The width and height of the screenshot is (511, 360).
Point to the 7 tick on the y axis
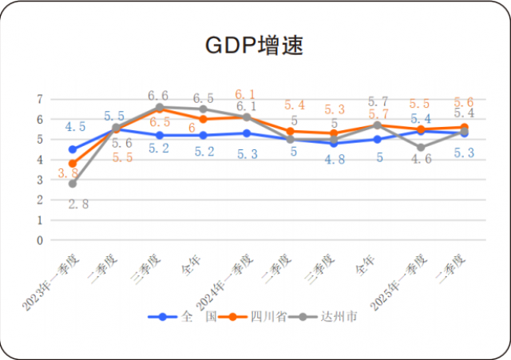click(38, 99)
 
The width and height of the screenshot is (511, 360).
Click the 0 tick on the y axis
click(38, 239)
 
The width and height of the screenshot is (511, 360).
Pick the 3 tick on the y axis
click(38, 180)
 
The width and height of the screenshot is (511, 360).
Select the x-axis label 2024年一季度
click(226, 283)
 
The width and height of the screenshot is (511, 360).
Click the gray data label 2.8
click(77, 204)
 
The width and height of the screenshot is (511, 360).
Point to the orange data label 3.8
click(68, 172)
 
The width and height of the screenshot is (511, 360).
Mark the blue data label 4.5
click(75, 126)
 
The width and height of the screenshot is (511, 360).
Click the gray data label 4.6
click(422, 158)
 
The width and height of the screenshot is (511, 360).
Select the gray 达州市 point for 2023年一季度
click(73, 184)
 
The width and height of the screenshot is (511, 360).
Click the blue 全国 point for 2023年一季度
click(73, 149)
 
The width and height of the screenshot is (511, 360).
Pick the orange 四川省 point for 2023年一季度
click(73, 164)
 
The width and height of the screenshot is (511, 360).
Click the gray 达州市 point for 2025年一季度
click(421, 147)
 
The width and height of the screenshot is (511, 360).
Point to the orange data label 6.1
click(244, 94)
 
